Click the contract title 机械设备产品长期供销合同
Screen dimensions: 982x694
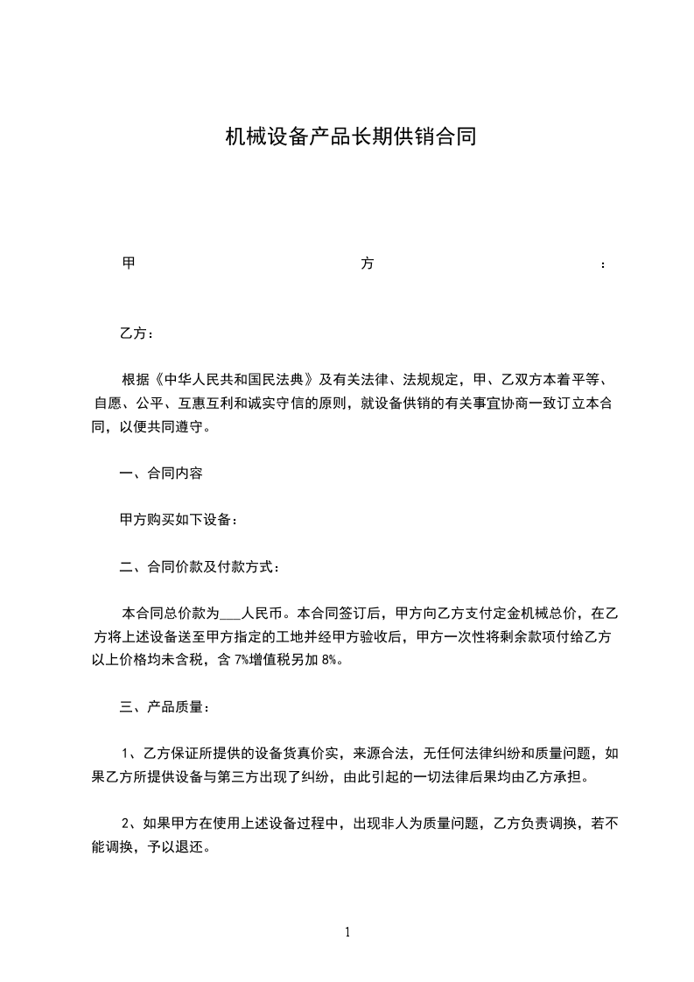point(350,137)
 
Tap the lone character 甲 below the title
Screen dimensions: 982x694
point(128,263)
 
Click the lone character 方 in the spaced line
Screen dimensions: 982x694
point(367,263)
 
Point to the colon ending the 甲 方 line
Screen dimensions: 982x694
point(603,264)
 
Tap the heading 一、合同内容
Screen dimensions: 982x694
point(161,473)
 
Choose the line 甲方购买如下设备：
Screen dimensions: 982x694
point(179,520)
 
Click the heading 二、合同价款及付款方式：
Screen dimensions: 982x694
point(200,567)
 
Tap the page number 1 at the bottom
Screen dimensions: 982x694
point(347,932)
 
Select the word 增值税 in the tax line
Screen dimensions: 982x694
point(271,660)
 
